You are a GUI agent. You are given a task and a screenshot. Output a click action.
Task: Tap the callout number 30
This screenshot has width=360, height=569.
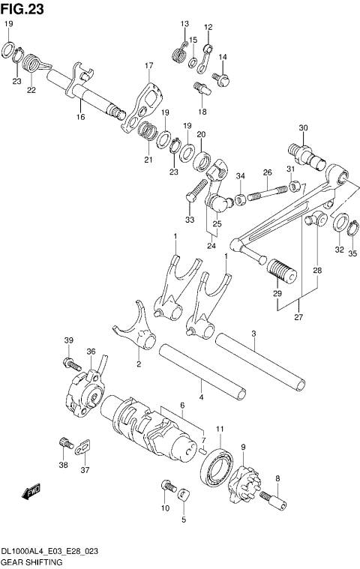302,128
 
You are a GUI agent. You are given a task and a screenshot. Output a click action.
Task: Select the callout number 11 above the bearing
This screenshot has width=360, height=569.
220,429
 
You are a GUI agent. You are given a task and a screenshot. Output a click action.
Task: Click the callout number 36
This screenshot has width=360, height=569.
91,352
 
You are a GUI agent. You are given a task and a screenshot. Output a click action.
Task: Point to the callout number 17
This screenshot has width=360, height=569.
148,66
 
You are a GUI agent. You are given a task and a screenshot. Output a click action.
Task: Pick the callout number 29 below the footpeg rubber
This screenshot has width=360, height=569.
277,294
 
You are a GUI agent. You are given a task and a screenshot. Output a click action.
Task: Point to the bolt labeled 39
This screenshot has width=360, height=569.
70,364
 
